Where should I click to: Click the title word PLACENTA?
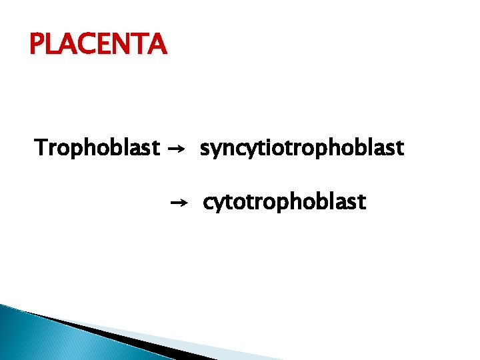coord(97,45)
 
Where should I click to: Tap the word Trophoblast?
coord(97,147)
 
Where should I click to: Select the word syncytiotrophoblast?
coord(301,148)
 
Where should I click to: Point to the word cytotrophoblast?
coord(284,201)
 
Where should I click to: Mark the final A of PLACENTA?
coord(157,45)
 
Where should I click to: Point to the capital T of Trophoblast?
coord(41,147)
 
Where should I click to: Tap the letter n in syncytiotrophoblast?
coord(228,149)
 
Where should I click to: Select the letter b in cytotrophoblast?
coord(325,201)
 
